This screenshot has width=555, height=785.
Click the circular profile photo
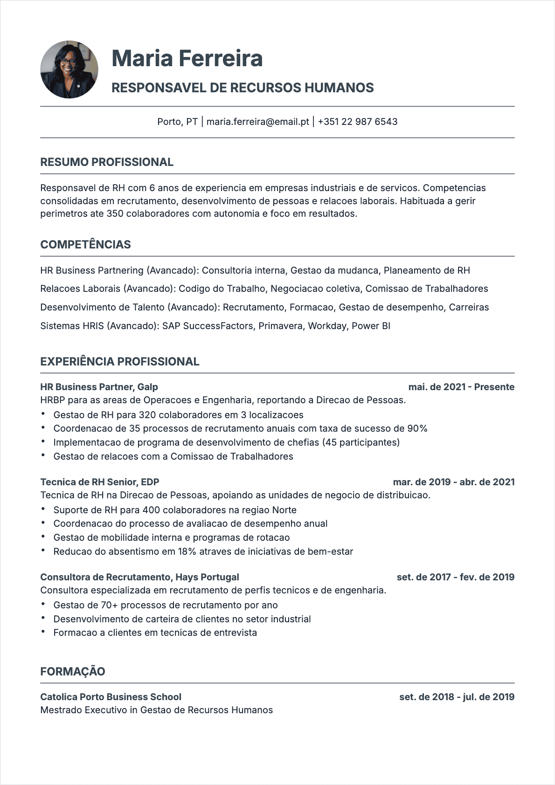pos(69,69)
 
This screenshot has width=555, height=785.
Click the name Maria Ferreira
pos(187,59)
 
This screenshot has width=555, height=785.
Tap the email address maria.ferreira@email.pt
pos(258,122)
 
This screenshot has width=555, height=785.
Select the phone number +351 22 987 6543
pos(358,122)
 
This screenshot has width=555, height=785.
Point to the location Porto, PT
pos(177,122)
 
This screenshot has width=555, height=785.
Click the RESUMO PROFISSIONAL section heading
pos(107,162)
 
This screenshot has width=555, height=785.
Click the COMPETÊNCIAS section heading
pos(85,245)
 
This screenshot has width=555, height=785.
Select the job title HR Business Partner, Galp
pos(99,387)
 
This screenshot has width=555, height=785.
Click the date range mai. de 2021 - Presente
pos(461,387)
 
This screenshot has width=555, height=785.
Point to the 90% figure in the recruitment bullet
pos(417,428)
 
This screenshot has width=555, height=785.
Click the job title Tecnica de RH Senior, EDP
pos(100,482)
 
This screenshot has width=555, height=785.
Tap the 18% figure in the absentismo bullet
pos(187,551)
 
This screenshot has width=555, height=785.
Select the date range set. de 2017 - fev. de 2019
pos(456,577)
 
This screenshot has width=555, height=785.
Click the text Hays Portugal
pos(207,577)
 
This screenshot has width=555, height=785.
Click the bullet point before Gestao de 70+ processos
pos(43,605)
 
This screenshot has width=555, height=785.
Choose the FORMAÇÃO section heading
pos(73,672)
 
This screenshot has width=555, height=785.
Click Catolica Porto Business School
pos(111,697)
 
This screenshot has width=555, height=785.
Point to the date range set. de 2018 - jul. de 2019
pos(457,697)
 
